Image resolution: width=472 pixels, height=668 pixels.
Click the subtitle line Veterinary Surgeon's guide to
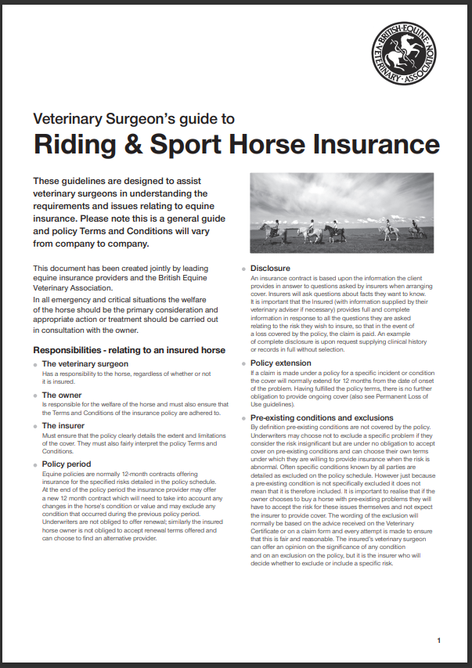(x=134, y=119)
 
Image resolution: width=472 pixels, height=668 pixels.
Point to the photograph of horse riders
(x=341, y=212)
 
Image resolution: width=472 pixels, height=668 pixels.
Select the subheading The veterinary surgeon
(x=85, y=364)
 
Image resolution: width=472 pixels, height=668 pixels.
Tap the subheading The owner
(x=62, y=395)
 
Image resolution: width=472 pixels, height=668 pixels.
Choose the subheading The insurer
(x=64, y=425)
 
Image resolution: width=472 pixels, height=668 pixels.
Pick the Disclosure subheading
(x=270, y=269)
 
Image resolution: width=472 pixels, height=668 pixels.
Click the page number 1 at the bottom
(x=439, y=641)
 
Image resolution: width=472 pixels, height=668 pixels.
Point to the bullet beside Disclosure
(x=243, y=269)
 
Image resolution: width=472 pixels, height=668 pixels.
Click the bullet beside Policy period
(x=35, y=465)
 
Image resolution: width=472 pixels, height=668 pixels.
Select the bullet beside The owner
(x=35, y=396)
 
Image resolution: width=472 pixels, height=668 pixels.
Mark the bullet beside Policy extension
(x=243, y=364)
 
